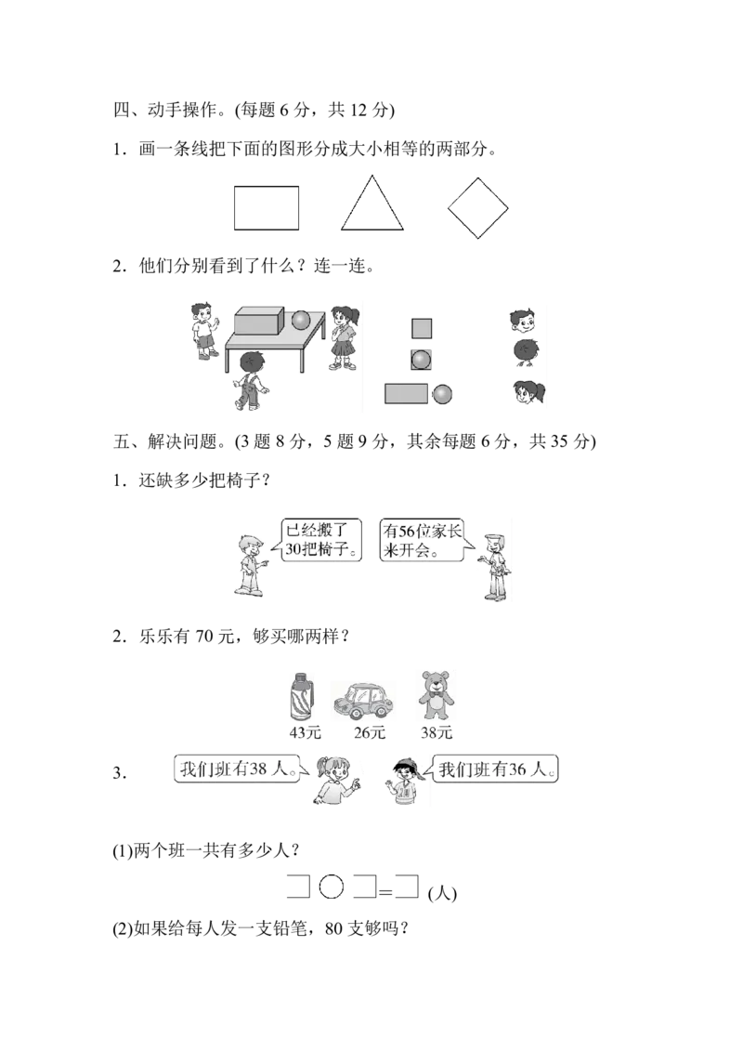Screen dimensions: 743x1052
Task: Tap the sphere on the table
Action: (300, 320)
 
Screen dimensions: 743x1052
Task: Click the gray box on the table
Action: (259, 320)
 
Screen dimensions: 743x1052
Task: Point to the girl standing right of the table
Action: (344, 337)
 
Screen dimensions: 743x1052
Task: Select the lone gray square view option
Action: (421, 328)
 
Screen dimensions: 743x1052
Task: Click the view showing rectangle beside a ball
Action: (418, 394)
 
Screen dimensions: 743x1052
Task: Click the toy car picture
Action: (363, 701)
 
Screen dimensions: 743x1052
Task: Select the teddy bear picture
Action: (436, 696)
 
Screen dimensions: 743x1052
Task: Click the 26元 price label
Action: (370, 732)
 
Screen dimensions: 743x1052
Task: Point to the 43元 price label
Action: (306, 732)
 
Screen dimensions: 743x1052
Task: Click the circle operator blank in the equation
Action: (332, 887)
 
